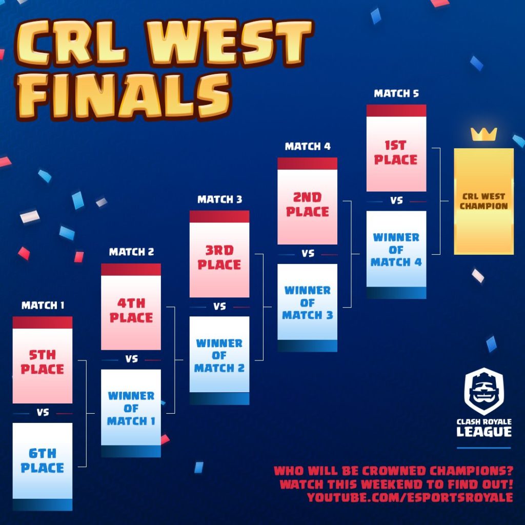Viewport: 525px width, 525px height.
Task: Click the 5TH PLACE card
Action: point(43,360)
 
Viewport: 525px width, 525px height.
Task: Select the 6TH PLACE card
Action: point(43,467)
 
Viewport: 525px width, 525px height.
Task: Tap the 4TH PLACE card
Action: point(131,307)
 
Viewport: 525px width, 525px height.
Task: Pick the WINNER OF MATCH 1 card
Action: point(131,413)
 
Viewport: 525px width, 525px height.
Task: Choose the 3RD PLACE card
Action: point(219,254)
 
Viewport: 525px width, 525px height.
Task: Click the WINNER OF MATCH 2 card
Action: point(219,360)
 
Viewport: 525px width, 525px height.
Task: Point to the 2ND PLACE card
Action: point(308,201)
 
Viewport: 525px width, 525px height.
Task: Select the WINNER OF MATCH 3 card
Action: point(308,308)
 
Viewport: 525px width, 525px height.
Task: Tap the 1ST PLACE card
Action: point(396,148)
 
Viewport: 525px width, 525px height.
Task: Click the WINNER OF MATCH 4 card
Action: point(396,255)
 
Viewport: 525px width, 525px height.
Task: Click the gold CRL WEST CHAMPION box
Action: point(484,201)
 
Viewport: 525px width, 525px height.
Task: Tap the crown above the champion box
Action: point(484,134)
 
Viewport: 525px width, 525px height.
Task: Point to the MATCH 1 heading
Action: point(43,306)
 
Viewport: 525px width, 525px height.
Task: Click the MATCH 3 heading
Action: point(219,199)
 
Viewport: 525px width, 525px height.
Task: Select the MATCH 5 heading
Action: point(396,93)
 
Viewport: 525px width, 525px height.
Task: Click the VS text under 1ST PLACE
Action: point(396,200)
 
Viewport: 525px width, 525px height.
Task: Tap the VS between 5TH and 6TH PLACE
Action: point(43,412)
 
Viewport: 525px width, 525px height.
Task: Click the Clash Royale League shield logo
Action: point(484,391)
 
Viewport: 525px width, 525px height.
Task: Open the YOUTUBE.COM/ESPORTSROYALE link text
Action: point(410,497)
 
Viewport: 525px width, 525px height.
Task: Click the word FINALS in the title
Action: point(124,96)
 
